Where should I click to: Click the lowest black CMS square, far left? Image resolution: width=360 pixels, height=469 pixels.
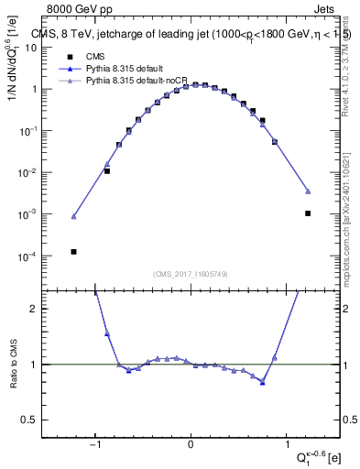(x=73, y=252)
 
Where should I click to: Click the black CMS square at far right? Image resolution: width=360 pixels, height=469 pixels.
(x=308, y=213)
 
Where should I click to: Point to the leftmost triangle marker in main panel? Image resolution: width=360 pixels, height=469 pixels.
(x=73, y=217)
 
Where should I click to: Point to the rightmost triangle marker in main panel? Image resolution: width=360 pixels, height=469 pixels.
(x=308, y=191)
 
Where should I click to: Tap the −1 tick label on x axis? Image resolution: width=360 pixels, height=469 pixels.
(x=96, y=446)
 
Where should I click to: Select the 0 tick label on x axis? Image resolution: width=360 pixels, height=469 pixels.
(x=191, y=446)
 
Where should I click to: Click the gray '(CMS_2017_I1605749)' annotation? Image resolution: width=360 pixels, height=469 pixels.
(x=190, y=274)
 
